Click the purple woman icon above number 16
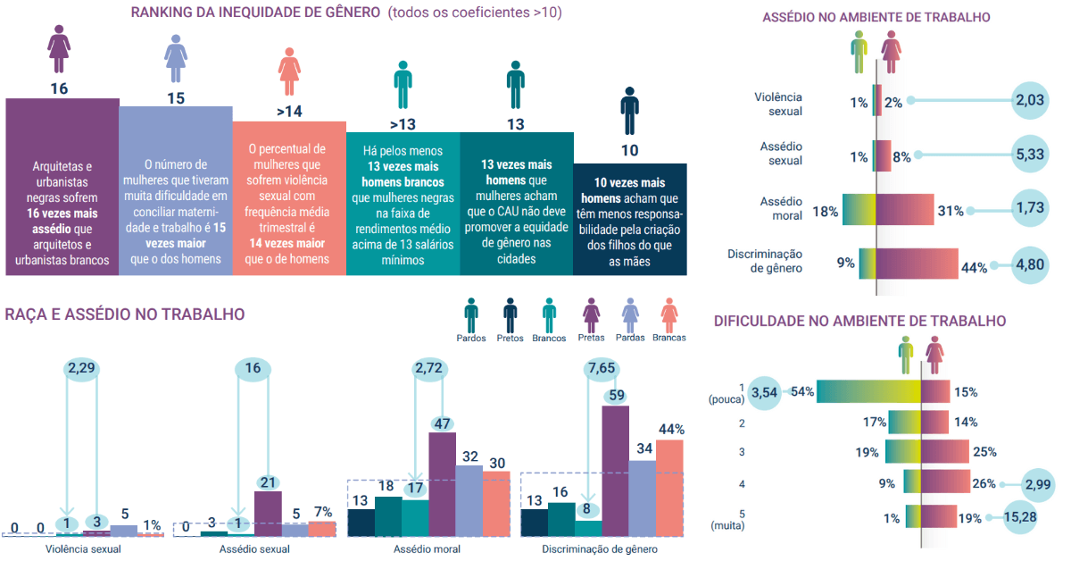(x=59, y=51)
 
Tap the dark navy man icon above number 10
(x=630, y=110)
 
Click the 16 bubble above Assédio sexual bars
(x=253, y=369)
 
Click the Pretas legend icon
(x=591, y=316)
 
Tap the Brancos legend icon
(x=549, y=316)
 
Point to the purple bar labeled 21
(x=268, y=513)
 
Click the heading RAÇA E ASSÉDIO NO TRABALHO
(x=125, y=314)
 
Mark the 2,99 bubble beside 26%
(x=1040, y=485)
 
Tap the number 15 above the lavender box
(x=176, y=98)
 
